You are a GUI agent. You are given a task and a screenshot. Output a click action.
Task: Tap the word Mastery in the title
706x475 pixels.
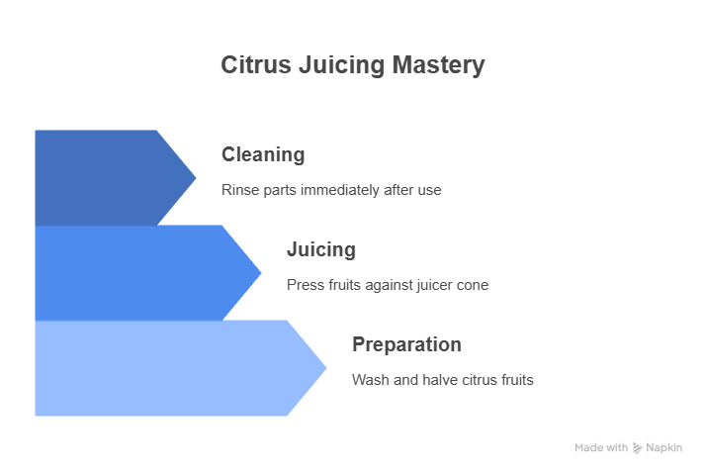point(439,65)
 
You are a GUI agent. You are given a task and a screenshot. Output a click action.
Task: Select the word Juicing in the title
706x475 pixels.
point(342,65)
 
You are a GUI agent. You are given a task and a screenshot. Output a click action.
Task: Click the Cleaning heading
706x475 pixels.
point(263,154)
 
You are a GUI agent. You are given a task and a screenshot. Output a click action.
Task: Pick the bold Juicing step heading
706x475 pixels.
point(321,249)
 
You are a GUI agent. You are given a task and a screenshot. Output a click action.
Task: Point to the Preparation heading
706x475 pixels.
point(406,344)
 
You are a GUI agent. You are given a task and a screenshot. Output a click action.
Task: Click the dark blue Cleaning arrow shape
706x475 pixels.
point(108,178)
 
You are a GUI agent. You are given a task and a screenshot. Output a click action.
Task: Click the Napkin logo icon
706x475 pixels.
point(637,448)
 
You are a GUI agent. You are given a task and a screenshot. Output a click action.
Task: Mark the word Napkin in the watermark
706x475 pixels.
point(663,448)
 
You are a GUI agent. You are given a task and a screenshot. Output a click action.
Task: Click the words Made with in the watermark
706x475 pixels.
point(601,448)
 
